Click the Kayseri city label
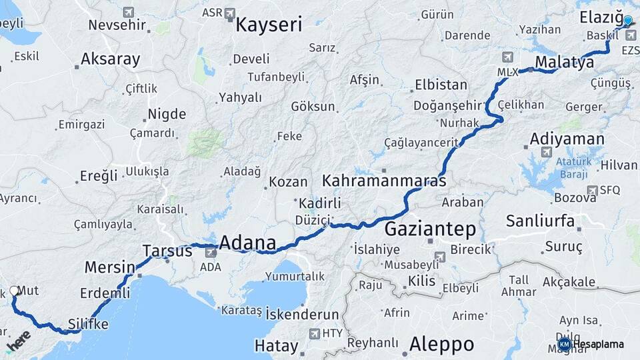click(269, 25)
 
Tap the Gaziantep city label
click(431, 230)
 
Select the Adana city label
click(247, 243)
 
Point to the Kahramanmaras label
click(384, 181)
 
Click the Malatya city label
click(564, 63)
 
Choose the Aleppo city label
click(441, 345)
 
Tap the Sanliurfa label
click(540, 221)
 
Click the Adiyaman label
click(567, 140)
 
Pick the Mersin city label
click(109, 268)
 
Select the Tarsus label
click(167, 251)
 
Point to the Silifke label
click(87, 325)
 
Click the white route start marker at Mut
click(15, 291)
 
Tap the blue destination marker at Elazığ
click(627, 21)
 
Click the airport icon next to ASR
click(230, 13)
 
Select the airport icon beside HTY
click(314, 333)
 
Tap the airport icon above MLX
click(509, 57)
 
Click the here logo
click(18, 341)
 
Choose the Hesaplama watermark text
click(599, 345)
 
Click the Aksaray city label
click(111, 59)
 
